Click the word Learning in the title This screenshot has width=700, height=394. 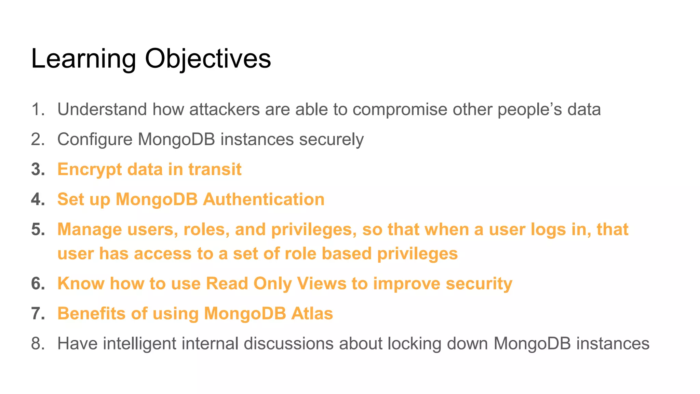[83, 59]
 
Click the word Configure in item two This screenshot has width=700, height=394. [95, 140]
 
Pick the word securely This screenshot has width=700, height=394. [331, 140]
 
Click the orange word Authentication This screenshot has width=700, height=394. [264, 199]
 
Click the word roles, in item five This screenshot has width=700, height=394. [206, 229]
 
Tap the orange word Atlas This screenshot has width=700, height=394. [312, 313]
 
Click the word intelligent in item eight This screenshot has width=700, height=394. [139, 343]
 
